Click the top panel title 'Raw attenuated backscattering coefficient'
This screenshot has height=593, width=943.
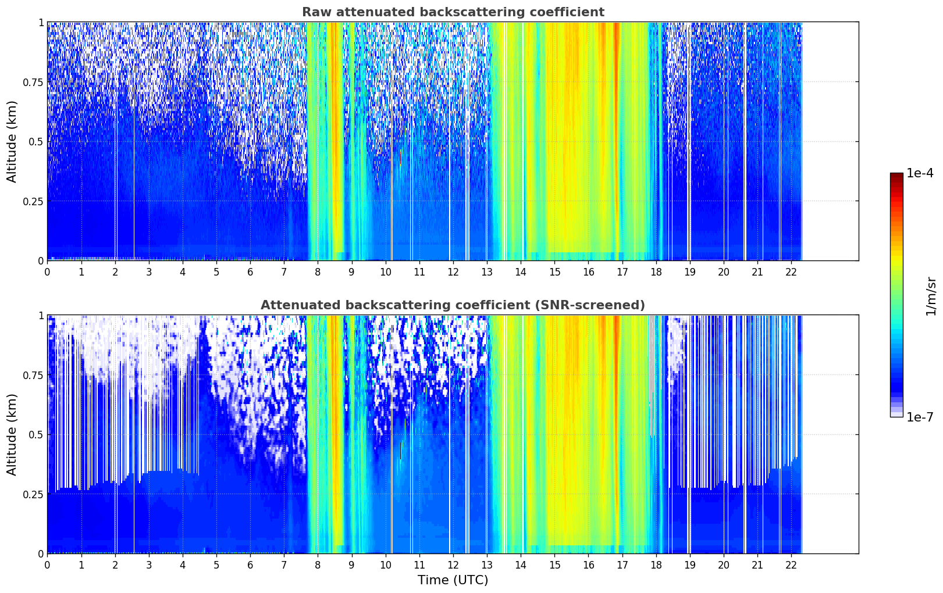tap(453, 12)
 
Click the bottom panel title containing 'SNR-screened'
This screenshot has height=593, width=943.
tap(453, 305)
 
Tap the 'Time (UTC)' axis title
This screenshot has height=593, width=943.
tap(453, 580)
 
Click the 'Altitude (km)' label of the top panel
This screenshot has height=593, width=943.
tap(12, 141)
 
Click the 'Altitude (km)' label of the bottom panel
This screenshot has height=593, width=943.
tap(12, 434)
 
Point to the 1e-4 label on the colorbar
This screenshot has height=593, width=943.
tap(920, 174)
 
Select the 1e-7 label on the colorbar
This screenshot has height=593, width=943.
tap(920, 417)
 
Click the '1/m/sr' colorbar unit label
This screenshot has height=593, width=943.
tap(930, 296)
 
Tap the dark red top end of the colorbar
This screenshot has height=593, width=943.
tap(896, 175)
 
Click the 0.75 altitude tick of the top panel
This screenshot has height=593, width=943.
tap(33, 82)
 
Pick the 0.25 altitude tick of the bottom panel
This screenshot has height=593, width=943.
tap(33, 494)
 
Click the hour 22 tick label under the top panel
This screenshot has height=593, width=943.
tap(791, 272)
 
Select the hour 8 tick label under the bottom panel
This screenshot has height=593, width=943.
tap(318, 565)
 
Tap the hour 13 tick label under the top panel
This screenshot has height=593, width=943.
tap(486, 272)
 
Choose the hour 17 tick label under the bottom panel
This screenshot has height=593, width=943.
tap(622, 565)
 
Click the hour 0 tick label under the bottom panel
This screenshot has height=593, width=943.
tap(47, 565)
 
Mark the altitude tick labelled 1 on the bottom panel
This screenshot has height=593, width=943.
tap(41, 316)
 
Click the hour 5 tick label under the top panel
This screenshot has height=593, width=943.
tap(216, 272)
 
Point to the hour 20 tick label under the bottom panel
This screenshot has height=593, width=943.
tap(723, 565)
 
